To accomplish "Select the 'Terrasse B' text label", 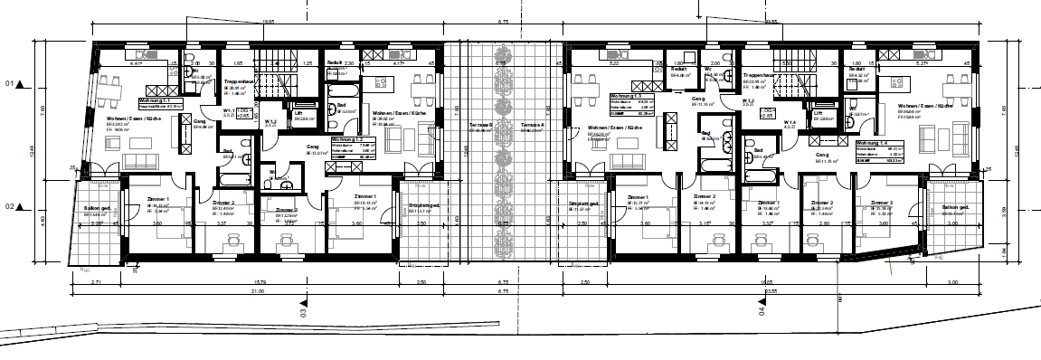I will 481,125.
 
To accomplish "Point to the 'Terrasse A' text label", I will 531,125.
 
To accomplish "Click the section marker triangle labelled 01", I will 19,84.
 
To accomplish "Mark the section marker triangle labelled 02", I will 19,206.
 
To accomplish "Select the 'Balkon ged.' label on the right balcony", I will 955,208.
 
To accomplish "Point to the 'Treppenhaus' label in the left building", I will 237,81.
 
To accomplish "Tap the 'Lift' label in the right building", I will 818,112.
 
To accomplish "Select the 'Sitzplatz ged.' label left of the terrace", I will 423,206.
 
